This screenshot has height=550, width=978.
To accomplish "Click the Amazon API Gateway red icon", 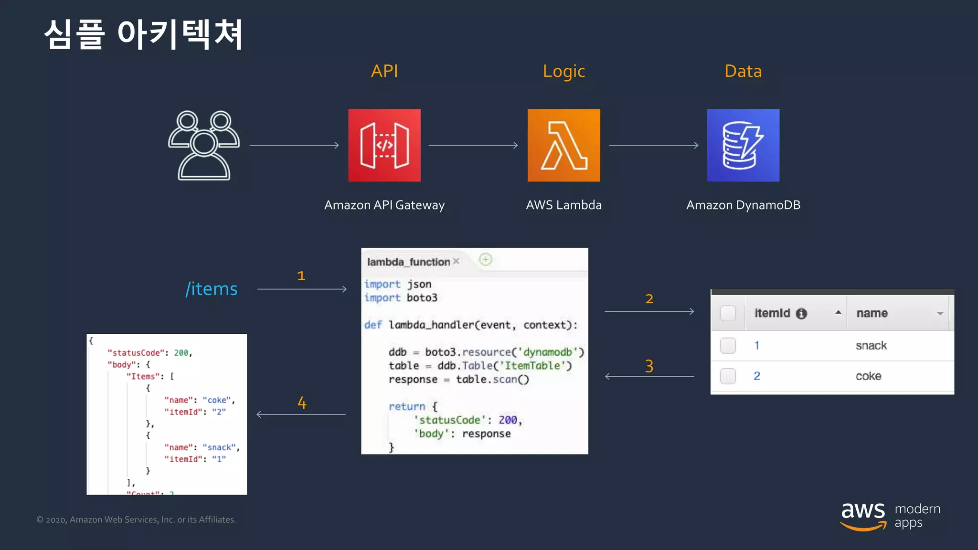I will click(x=384, y=145).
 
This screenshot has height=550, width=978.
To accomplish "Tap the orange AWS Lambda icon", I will click(x=563, y=145).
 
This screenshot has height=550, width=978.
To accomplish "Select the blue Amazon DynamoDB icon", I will click(x=743, y=145).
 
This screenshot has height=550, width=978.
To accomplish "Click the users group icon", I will click(x=204, y=145).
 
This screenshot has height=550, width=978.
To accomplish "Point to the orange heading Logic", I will click(x=563, y=72).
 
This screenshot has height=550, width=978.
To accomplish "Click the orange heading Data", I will click(x=743, y=71).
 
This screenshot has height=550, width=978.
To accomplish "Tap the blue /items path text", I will click(x=212, y=289).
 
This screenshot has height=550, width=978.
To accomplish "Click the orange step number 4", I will click(x=302, y=403).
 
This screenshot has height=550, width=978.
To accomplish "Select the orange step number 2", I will click(x=649, y=299).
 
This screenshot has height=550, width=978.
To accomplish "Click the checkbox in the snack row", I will click(x=728, y=345).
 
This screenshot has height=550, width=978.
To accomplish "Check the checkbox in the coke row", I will click(x=728, y=376).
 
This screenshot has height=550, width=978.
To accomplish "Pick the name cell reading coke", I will click(x=868, y=376).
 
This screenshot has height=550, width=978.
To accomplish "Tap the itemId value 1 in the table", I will click(x=757, y=345).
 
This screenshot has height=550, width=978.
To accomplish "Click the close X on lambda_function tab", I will click(x=456, y=261).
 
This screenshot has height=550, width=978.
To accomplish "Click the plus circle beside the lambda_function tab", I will click(x=486, y=259).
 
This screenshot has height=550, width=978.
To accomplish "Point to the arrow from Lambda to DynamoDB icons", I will click(x=653, y=145).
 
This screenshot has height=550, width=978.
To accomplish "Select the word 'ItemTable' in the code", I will click(x=532, y=366).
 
